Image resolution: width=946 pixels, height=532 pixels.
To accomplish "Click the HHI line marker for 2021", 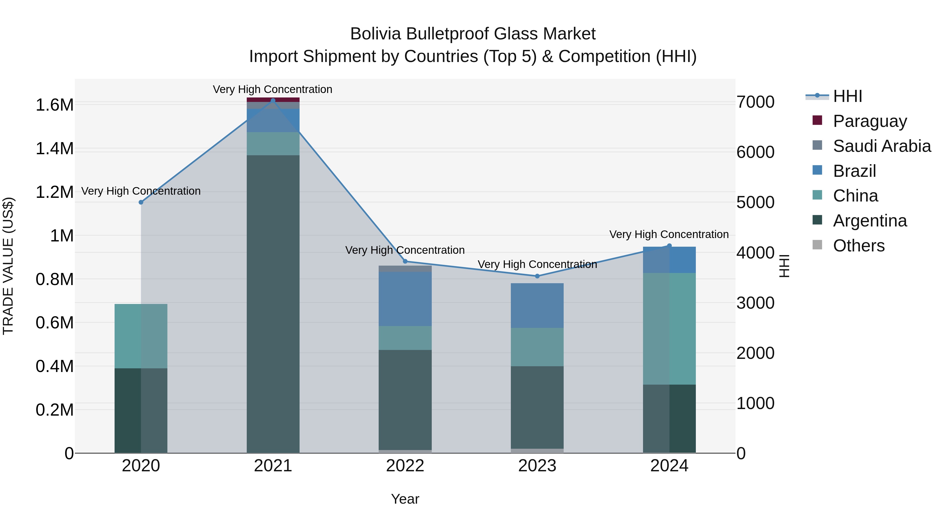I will [x=273, y=101].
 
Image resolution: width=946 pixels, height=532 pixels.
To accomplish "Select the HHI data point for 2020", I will [x=141, y=202].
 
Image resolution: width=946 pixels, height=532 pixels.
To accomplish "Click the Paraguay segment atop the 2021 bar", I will [x=273, y=100].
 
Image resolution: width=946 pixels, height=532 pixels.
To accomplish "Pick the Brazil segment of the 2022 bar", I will [x=405, y=299].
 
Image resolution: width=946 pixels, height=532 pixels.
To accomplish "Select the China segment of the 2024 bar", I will [x=669, y=329].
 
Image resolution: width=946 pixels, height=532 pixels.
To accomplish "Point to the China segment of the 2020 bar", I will [x=141, y=336].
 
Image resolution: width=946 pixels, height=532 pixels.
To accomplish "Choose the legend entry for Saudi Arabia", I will [x=882, y=146].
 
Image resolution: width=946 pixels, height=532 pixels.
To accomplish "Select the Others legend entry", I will [x=858, y=246].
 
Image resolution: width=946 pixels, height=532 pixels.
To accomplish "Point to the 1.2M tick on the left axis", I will [x=55, y=192].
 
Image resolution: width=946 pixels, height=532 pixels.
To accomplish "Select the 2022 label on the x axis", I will [x=405, y=466].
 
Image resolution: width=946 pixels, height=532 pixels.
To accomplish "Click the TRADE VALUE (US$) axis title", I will [x=8, y=266].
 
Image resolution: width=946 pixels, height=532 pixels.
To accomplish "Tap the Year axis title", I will [x=405, y=499].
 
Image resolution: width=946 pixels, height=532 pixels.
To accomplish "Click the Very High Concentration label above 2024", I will [x=669, y=234].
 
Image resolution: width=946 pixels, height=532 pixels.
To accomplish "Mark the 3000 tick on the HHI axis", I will [x=755, y=303].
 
